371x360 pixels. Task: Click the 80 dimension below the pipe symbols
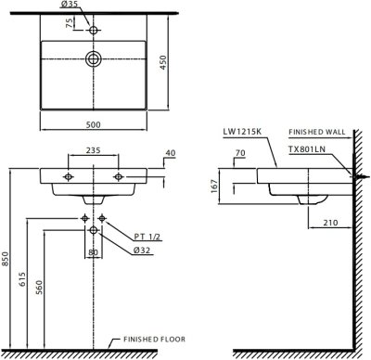coord(92,250)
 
